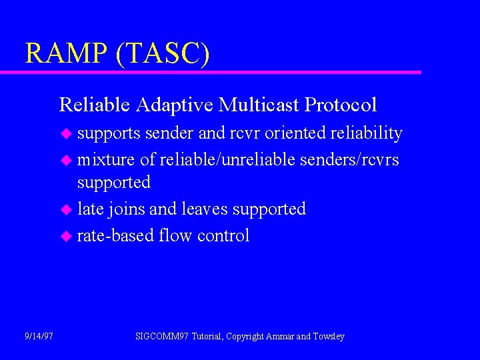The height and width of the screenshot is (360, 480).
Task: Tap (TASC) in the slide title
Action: point(162,53)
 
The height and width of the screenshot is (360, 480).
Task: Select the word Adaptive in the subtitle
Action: point(175,105)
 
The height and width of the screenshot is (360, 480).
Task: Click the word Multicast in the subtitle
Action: point(259,105)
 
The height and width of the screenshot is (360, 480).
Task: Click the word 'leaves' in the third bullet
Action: point(203,209)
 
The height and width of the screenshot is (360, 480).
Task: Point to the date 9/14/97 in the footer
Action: point(38,337)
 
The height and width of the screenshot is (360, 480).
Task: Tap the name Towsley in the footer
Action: point(329,337)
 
